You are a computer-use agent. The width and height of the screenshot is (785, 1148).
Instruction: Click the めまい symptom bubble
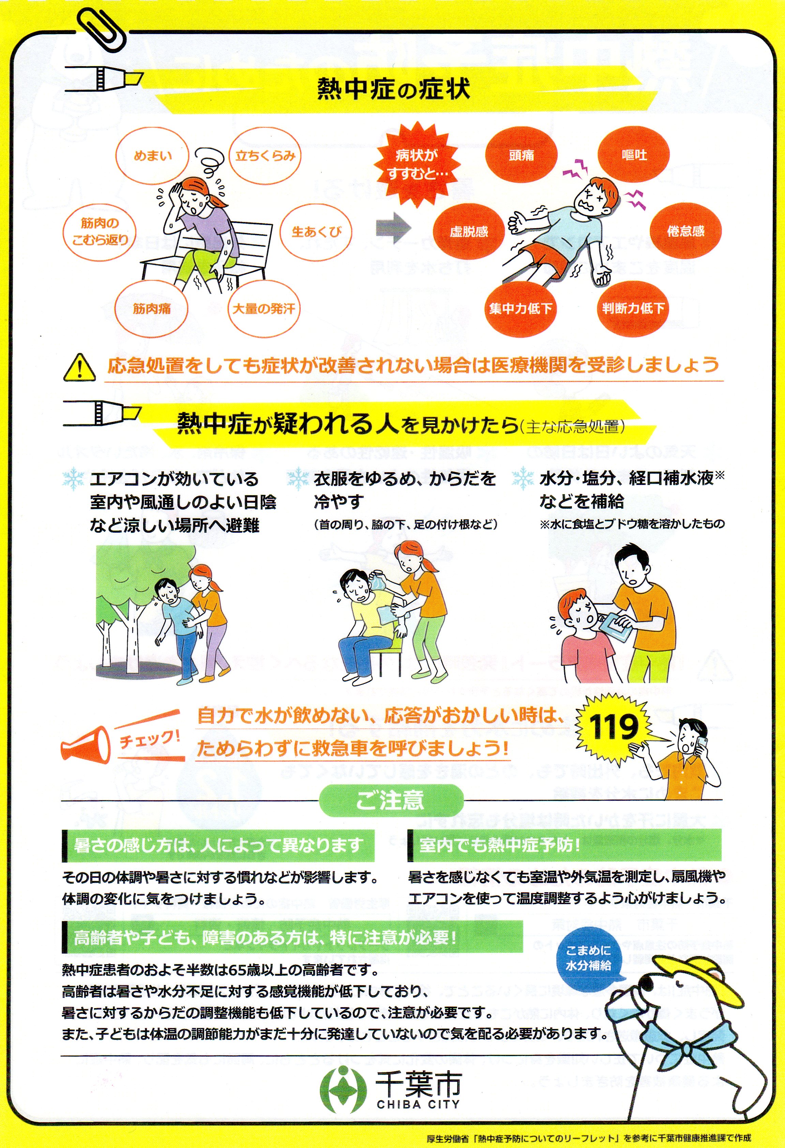[x=152, y=156]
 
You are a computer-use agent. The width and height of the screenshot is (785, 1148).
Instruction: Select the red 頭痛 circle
[x=522, y=156]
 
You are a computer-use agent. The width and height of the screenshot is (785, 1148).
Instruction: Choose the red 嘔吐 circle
[x=634, y=156]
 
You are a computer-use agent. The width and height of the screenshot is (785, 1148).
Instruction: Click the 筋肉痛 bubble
[x=152, y=309]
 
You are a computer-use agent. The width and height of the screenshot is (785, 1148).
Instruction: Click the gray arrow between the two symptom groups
[x=393, y=228]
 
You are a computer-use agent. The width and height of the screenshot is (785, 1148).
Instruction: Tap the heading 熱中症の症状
[x=393, y=89]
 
